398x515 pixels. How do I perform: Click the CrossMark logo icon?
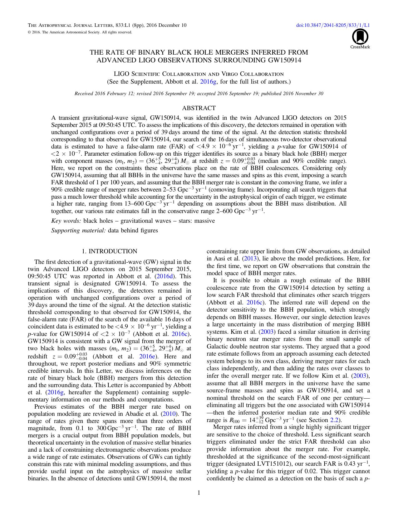(360, 38)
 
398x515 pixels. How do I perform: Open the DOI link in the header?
(333, 25)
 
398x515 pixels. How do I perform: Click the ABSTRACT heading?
(199, 108)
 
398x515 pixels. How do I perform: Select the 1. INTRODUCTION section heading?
(109, 251)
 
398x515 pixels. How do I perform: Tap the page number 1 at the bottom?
(199, 493)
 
